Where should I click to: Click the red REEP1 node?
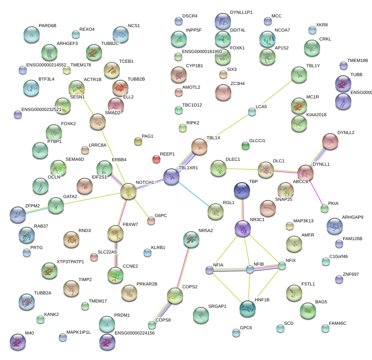point(156,159)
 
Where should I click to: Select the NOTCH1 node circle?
point(128,191)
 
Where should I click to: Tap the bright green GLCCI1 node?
point(245,146)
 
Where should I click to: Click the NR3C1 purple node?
point(243,229)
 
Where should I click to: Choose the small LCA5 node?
point(252,112)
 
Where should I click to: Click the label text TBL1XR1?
point(188,168)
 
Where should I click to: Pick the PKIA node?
point(325,209)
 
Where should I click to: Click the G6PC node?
point(151,221)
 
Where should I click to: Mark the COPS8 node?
point(152,325)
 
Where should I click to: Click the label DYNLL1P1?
point(241,13)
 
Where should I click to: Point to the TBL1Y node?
point(299,75)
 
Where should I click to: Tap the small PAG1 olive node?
point(138,141)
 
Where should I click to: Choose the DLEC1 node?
point(218,168)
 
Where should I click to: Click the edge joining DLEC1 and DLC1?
point(242,169)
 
